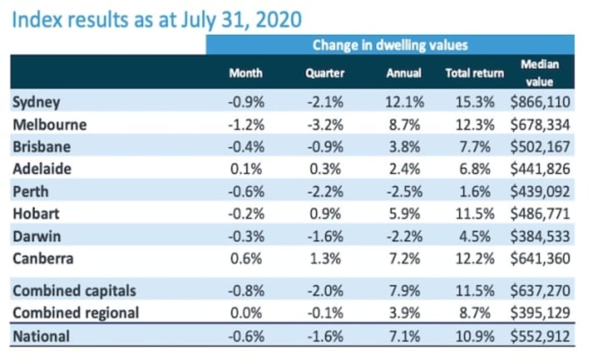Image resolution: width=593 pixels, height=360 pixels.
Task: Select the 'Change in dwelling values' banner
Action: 390,45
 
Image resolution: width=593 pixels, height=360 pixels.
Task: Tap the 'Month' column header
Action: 245,73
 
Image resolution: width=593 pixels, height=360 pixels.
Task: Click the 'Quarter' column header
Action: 325,73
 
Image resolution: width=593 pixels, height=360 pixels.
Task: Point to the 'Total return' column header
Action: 474,73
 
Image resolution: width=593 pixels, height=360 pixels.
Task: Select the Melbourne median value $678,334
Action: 539,125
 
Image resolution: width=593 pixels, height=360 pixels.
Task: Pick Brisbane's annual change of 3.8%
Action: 404,147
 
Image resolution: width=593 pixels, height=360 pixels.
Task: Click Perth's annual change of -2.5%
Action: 404,192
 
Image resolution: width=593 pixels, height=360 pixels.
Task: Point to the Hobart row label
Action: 34,214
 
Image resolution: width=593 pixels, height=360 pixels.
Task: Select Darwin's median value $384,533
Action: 539,236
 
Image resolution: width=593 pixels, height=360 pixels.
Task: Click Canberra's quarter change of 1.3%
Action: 325,258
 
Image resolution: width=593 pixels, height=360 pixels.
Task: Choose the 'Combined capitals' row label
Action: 74,291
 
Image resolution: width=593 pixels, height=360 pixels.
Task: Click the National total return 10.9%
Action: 474,336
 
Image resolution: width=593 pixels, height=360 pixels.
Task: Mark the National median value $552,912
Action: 539,336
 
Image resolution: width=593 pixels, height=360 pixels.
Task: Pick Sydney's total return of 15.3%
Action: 474,102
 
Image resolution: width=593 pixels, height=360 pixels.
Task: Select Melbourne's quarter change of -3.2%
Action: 325,125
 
